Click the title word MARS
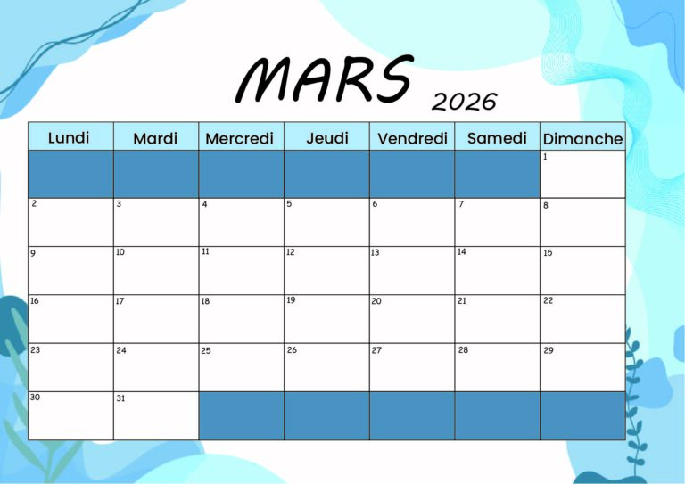(x=325, y=79)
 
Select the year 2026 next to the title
(x=464, y=102)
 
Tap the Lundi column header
(x=70, y=137)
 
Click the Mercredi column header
(x=239, y=139)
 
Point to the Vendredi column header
(x=412, y=139)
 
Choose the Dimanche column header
(x=582, y=139)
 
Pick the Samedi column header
(x=497, y=138)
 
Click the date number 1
(x=545, y=157)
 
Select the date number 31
(x=120, y=398)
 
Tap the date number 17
(x=120, y=301)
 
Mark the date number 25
(x=206, y=350)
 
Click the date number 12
(x=291, y=252)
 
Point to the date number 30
(x=35, y=397)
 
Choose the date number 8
(x=546, y=205)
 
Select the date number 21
(x=462, y=301)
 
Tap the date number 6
(x=375, y=204)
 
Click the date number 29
(x=549, y=350)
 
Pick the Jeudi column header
(x=326, y=138)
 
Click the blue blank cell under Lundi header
(x=70, y=174)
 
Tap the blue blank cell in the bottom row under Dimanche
(x=582, y=415)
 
